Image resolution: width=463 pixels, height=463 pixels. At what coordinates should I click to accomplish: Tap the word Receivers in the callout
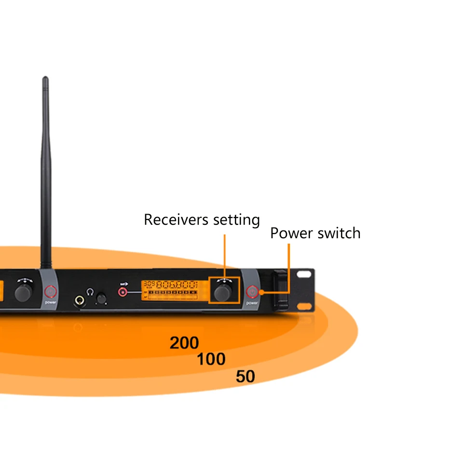(175, 220)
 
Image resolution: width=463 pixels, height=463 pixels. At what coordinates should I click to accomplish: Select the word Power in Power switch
(289, 233)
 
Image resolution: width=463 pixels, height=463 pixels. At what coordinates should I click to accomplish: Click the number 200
(184, 343)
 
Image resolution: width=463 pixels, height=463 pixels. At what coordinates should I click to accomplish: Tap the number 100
(211, 359)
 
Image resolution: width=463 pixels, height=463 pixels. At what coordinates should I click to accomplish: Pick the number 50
(245, 376)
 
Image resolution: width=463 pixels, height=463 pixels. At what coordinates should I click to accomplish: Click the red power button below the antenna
(51, 291)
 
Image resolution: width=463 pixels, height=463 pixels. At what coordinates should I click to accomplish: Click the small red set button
(123, 292)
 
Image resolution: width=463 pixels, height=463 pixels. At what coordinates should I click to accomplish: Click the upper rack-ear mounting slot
(305, 274)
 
